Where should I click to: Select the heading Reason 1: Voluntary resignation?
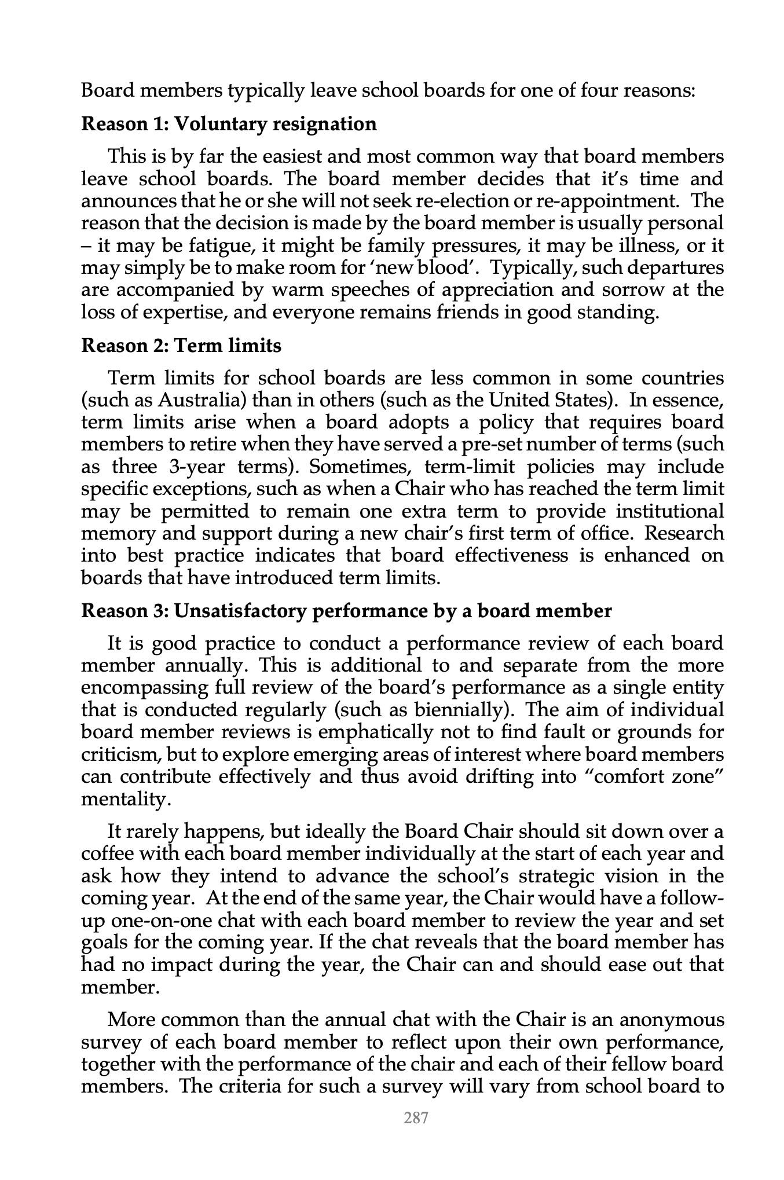tap(229, 123)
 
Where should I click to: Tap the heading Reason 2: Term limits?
tap(181, 346)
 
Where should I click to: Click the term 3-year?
tap(197, 467)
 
